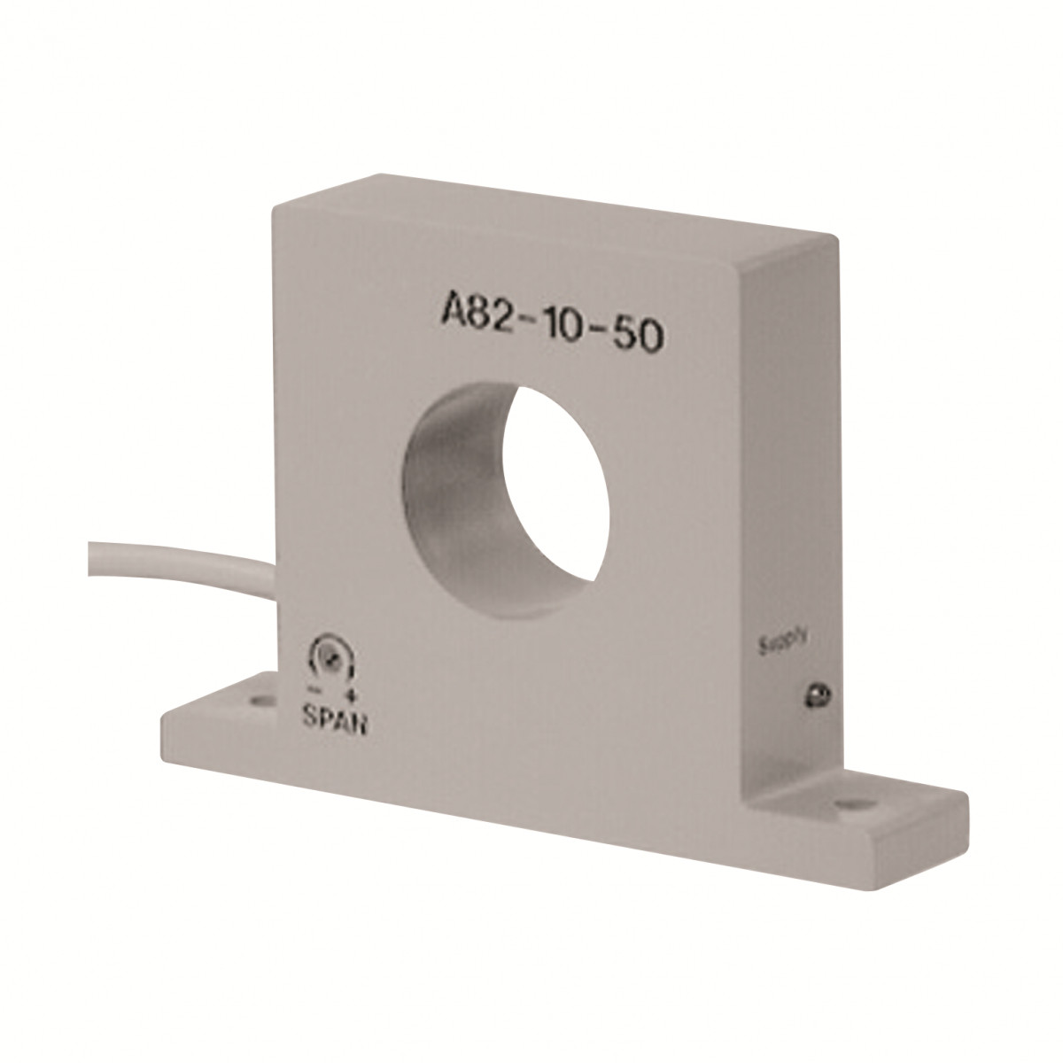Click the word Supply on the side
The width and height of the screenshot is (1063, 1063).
782,642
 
